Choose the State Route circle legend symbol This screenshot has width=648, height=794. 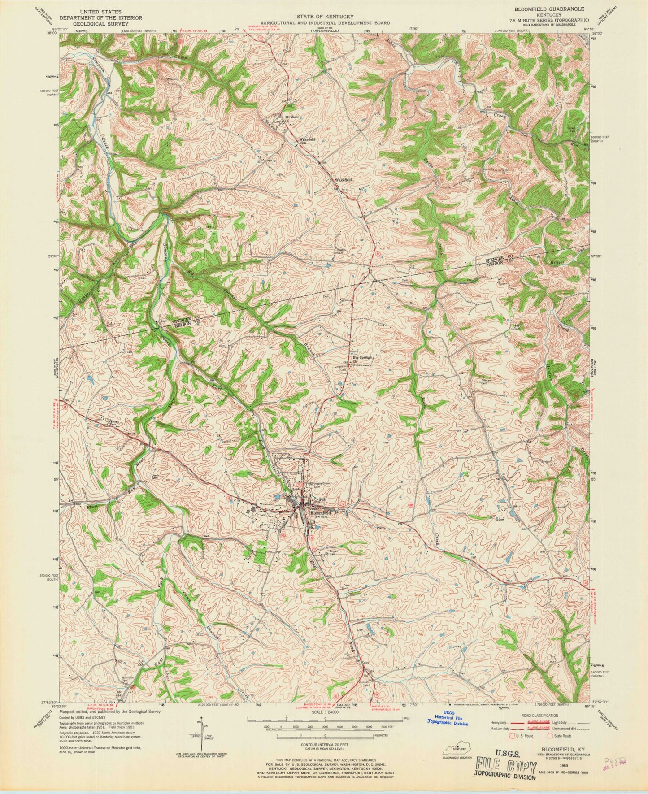(552, 735)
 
